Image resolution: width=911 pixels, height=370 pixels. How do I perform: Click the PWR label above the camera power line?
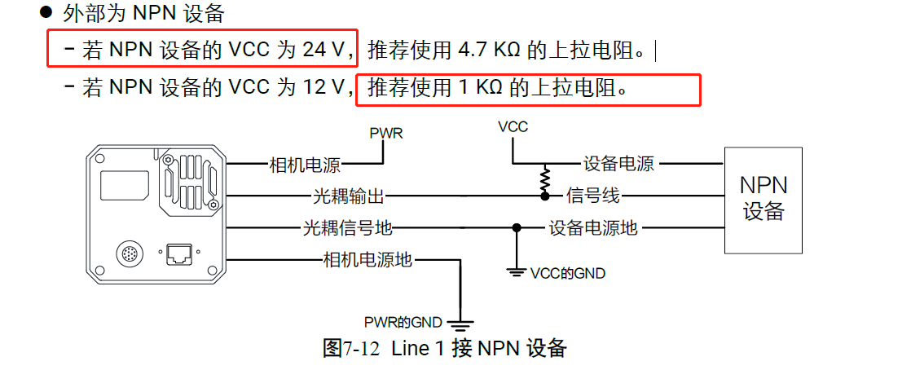(x=386, y=133)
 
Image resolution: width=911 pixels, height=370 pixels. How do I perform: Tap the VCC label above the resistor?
(x=513, y=127)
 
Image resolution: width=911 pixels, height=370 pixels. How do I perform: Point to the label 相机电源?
(x=305, y=165)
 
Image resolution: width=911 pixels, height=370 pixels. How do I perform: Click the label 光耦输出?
(x=349, y=196)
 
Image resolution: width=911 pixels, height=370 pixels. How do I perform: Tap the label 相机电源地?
(x=368, y=260)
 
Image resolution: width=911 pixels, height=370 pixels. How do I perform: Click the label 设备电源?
(x=618, y=165)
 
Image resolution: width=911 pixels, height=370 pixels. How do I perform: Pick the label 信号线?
(x=594, y=196)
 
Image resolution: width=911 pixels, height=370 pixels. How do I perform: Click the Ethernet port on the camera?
(x=178, y=255)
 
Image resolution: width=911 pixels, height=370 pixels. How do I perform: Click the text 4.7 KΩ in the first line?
(x=490, y=51)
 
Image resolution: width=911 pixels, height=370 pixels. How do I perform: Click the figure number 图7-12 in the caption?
(x=351, y=349)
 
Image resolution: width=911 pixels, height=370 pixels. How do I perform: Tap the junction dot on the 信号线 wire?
(x=544, y=196)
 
